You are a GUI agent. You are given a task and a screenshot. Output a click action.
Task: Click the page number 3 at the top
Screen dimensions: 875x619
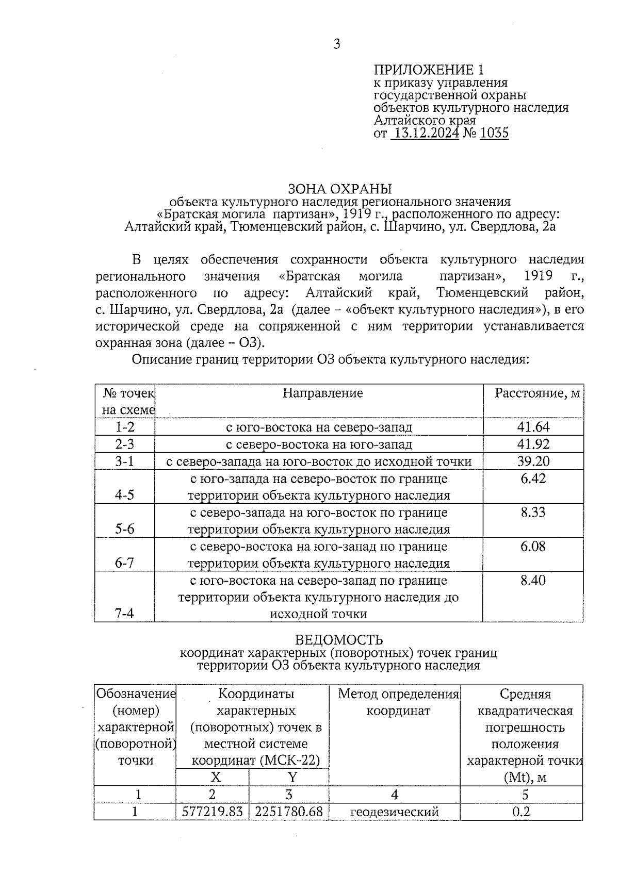tap(337, 44)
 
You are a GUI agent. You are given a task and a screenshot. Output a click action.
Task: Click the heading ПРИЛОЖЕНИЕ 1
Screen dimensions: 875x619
tap(429, 70)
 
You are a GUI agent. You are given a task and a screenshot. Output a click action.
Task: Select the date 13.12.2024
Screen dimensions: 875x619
tap(425, 134)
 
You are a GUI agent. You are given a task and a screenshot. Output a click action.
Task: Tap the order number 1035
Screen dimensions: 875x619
tap(494, 134)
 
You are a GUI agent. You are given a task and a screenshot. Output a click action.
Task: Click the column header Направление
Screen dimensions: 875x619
tap(322, 393)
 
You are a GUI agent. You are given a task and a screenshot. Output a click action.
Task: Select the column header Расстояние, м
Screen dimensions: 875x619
tap(537, 393)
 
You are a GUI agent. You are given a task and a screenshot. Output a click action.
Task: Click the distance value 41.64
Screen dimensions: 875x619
tap(533, 427)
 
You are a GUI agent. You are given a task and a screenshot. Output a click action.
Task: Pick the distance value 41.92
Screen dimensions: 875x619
tap(533, 444)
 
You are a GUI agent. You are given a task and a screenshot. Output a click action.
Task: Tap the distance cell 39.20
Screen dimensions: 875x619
tap(533, 461)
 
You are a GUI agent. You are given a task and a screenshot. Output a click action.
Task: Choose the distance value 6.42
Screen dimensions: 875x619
tap(533, 478)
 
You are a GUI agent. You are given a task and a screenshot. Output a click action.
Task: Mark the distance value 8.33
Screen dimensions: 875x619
tap(533, 513)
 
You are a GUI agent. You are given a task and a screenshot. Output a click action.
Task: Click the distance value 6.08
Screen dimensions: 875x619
tap(533, 547)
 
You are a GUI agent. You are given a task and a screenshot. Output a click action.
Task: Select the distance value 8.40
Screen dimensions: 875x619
tap(533, 581)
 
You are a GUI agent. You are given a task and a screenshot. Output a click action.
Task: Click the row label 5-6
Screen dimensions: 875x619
tap(124, 530)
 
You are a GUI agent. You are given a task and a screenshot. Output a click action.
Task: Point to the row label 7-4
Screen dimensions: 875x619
tap(124, 614)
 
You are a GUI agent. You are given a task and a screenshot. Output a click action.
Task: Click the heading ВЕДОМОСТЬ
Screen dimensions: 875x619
tap(339, 640)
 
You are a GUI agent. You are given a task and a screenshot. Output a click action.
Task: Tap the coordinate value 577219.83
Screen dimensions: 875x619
tap(213, 812)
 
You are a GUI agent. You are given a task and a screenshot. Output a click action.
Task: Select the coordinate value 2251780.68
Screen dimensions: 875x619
tap(289, 812)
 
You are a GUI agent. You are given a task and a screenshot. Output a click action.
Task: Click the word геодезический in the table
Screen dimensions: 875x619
tap(394, 812)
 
